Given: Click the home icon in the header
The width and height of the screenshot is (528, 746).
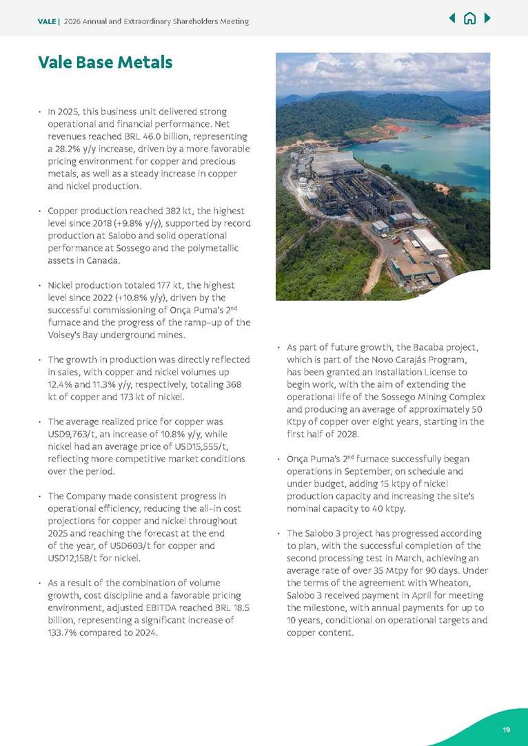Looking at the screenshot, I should tap(469, 19).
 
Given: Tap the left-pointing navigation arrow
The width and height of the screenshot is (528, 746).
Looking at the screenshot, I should tap(451, 19).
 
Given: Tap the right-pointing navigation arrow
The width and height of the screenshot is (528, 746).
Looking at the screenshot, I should tap(487, 19).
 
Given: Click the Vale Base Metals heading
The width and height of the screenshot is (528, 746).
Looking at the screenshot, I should tap(105, 63).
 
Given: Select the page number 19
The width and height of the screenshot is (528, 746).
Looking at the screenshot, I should tap(507, 729).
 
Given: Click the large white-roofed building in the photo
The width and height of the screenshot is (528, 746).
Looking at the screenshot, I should tap(429, 242).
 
